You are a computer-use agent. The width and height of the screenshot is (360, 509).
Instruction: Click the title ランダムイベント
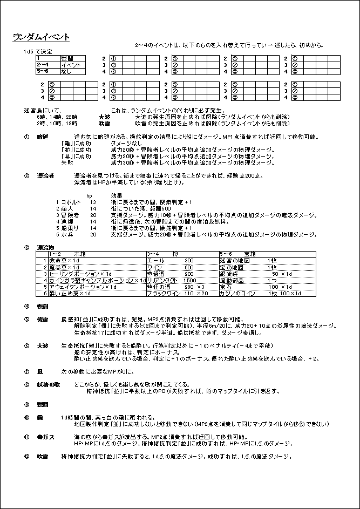(41, 37)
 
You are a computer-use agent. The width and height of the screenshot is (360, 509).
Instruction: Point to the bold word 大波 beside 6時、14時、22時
(105, 117)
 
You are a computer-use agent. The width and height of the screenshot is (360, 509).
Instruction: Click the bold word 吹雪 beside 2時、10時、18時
(105, 123)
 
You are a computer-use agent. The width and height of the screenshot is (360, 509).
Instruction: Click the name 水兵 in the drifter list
(66, 235)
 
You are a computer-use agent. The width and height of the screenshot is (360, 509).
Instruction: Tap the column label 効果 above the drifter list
(117, 195)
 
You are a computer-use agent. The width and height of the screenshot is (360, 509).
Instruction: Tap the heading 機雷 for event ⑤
(43, 319)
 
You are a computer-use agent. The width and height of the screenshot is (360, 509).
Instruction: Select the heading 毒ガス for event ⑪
(45, 436)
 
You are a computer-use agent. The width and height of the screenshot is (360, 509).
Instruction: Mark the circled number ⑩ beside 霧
(26, 417)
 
